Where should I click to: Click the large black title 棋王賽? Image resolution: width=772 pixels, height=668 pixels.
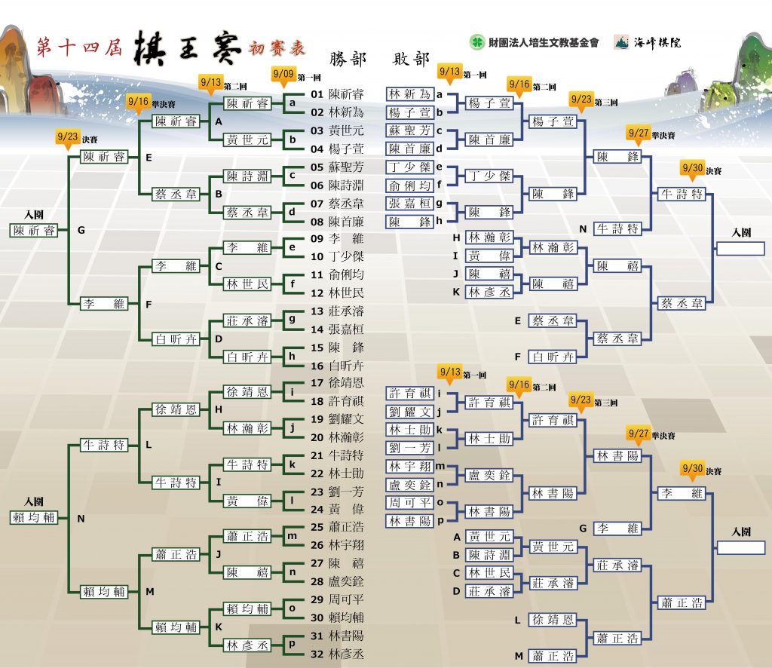coord(188,48)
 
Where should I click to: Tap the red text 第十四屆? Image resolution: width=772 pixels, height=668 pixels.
coord(79,47)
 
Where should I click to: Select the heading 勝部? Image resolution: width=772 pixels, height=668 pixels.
coord(348,59)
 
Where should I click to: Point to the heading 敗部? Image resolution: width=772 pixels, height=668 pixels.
coord(411,59)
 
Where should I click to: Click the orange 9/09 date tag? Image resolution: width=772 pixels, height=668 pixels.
coord(283,74)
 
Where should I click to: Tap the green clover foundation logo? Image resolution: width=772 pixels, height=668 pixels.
coord(476,41)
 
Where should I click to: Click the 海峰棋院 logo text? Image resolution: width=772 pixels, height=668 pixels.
coord(657,42)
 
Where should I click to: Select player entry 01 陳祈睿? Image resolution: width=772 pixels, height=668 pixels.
coord(337,94)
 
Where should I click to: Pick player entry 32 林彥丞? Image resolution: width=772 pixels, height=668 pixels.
coord(337,654)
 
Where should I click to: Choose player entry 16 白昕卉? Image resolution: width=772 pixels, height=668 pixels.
coord(337,365)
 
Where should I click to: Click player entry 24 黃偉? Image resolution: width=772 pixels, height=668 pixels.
coord(337,509)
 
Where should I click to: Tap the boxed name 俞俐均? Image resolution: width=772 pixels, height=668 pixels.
coord(409,185)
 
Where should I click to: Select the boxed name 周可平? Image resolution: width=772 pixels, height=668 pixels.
coord(409,503)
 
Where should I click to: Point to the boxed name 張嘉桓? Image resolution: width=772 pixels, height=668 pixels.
coord(409,204)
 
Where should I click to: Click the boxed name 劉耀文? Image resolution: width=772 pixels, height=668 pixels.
coord(409,412)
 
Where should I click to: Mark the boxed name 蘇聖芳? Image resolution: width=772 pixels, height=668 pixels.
coord(409,130)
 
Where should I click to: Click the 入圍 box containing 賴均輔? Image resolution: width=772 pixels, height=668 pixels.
coord(34,517)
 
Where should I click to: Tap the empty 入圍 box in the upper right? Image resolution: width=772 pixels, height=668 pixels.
coord(740,248)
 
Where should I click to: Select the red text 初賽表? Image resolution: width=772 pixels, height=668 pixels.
coord(277,48)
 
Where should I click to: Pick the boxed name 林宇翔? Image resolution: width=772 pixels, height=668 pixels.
coord(409,466)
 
